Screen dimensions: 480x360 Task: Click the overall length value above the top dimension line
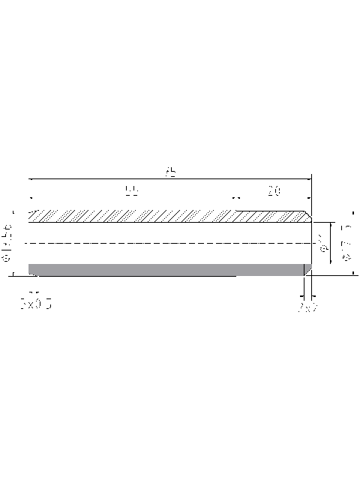click(x=171, y=172)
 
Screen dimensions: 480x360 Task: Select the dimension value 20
click(x=274, y=192)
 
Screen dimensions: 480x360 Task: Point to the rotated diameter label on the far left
click(x=8, y=241)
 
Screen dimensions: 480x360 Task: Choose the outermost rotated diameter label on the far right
click(x=346, y=242)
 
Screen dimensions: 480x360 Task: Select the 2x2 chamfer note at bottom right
click(x=307, y=307)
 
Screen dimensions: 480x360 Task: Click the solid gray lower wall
click(x=165, y=268)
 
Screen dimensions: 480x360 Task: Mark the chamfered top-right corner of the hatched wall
click(x=308, y=214)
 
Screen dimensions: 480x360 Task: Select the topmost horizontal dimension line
click(x=171, y=179)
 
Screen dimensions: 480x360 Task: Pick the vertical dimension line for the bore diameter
click(x=331, y=247)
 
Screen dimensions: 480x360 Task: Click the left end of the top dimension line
click(x=29, y=179)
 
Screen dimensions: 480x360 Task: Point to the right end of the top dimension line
click(x=311, y=179)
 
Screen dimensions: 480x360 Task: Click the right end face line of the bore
click(x=312, y=244)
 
